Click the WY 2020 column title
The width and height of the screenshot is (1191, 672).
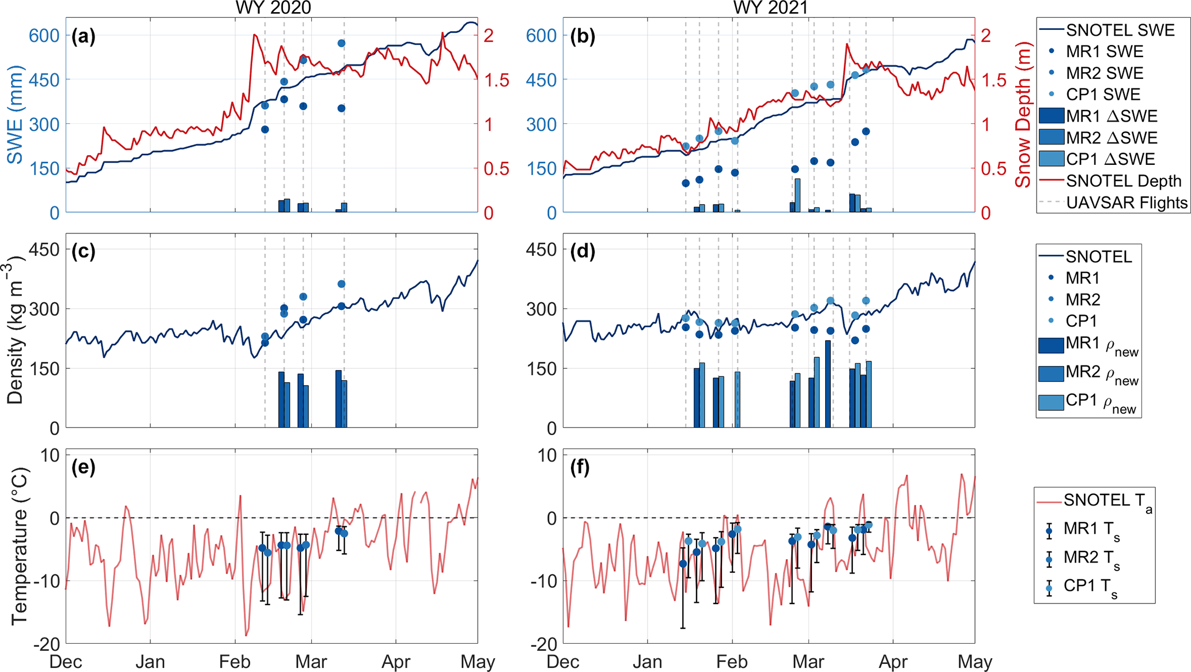click(x=273, y=7)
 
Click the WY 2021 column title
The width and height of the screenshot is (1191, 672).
click(x=770, y=7)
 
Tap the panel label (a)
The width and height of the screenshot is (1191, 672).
click(x=84, y=36)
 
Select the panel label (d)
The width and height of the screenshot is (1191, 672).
click(x=581, y=251)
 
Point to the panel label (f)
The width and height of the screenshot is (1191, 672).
click(x=580, y=467)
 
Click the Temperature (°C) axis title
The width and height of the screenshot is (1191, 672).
click(x=18, y=545)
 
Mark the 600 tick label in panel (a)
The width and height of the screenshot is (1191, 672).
click(x=44, y=36)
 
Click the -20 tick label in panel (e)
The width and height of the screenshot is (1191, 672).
click(x=46, y=644)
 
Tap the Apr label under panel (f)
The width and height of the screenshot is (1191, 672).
click(x=893, y=662)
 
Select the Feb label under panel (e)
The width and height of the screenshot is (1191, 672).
click(x=235, y=662)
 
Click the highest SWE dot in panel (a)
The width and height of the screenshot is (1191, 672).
click(x=342, y=43)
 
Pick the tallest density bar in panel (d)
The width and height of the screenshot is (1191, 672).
click(x=828, y=384)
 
